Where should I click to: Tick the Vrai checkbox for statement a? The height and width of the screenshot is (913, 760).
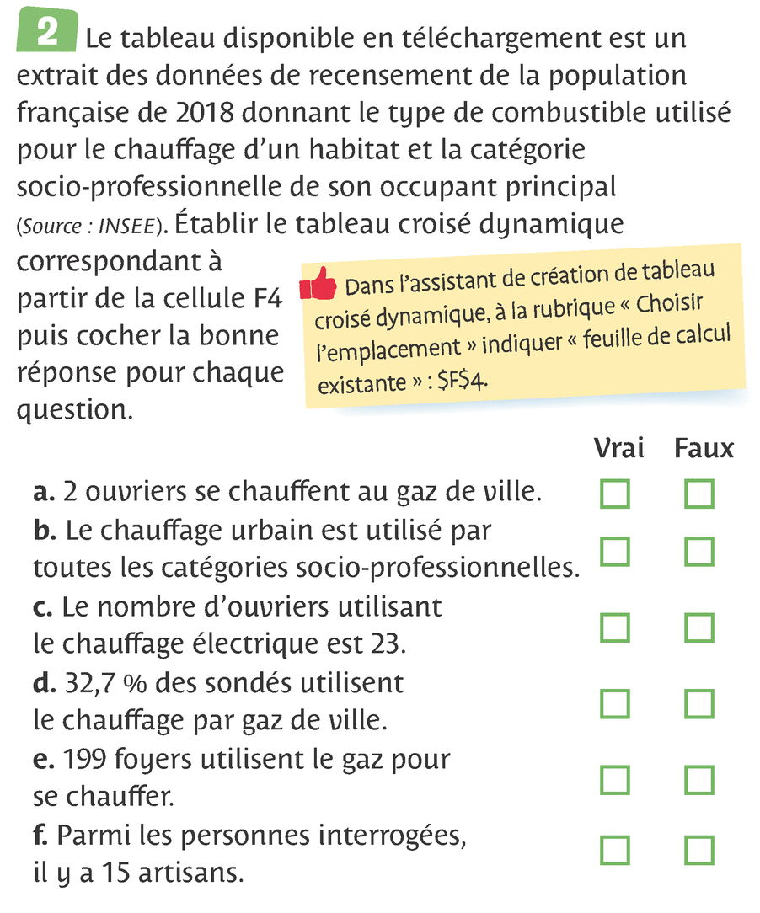[615, 494]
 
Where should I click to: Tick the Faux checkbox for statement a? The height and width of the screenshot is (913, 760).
[699, 494]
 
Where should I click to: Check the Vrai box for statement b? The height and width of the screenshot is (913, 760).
[615, 552]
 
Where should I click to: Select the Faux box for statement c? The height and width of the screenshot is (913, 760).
[699, 627]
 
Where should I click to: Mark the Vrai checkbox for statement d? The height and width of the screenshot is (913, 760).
[615, 703]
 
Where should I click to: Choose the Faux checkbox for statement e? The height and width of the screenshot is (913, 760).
[699, 779]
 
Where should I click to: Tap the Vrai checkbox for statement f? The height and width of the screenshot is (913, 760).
[615, 850]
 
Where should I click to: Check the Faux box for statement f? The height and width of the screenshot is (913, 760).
[699, 850]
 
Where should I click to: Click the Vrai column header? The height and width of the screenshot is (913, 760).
[619, 449]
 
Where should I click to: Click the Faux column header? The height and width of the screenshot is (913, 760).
[704, 449]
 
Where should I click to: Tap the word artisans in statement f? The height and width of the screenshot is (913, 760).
[189, 873]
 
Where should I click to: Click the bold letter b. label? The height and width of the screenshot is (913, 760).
[45, 532]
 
